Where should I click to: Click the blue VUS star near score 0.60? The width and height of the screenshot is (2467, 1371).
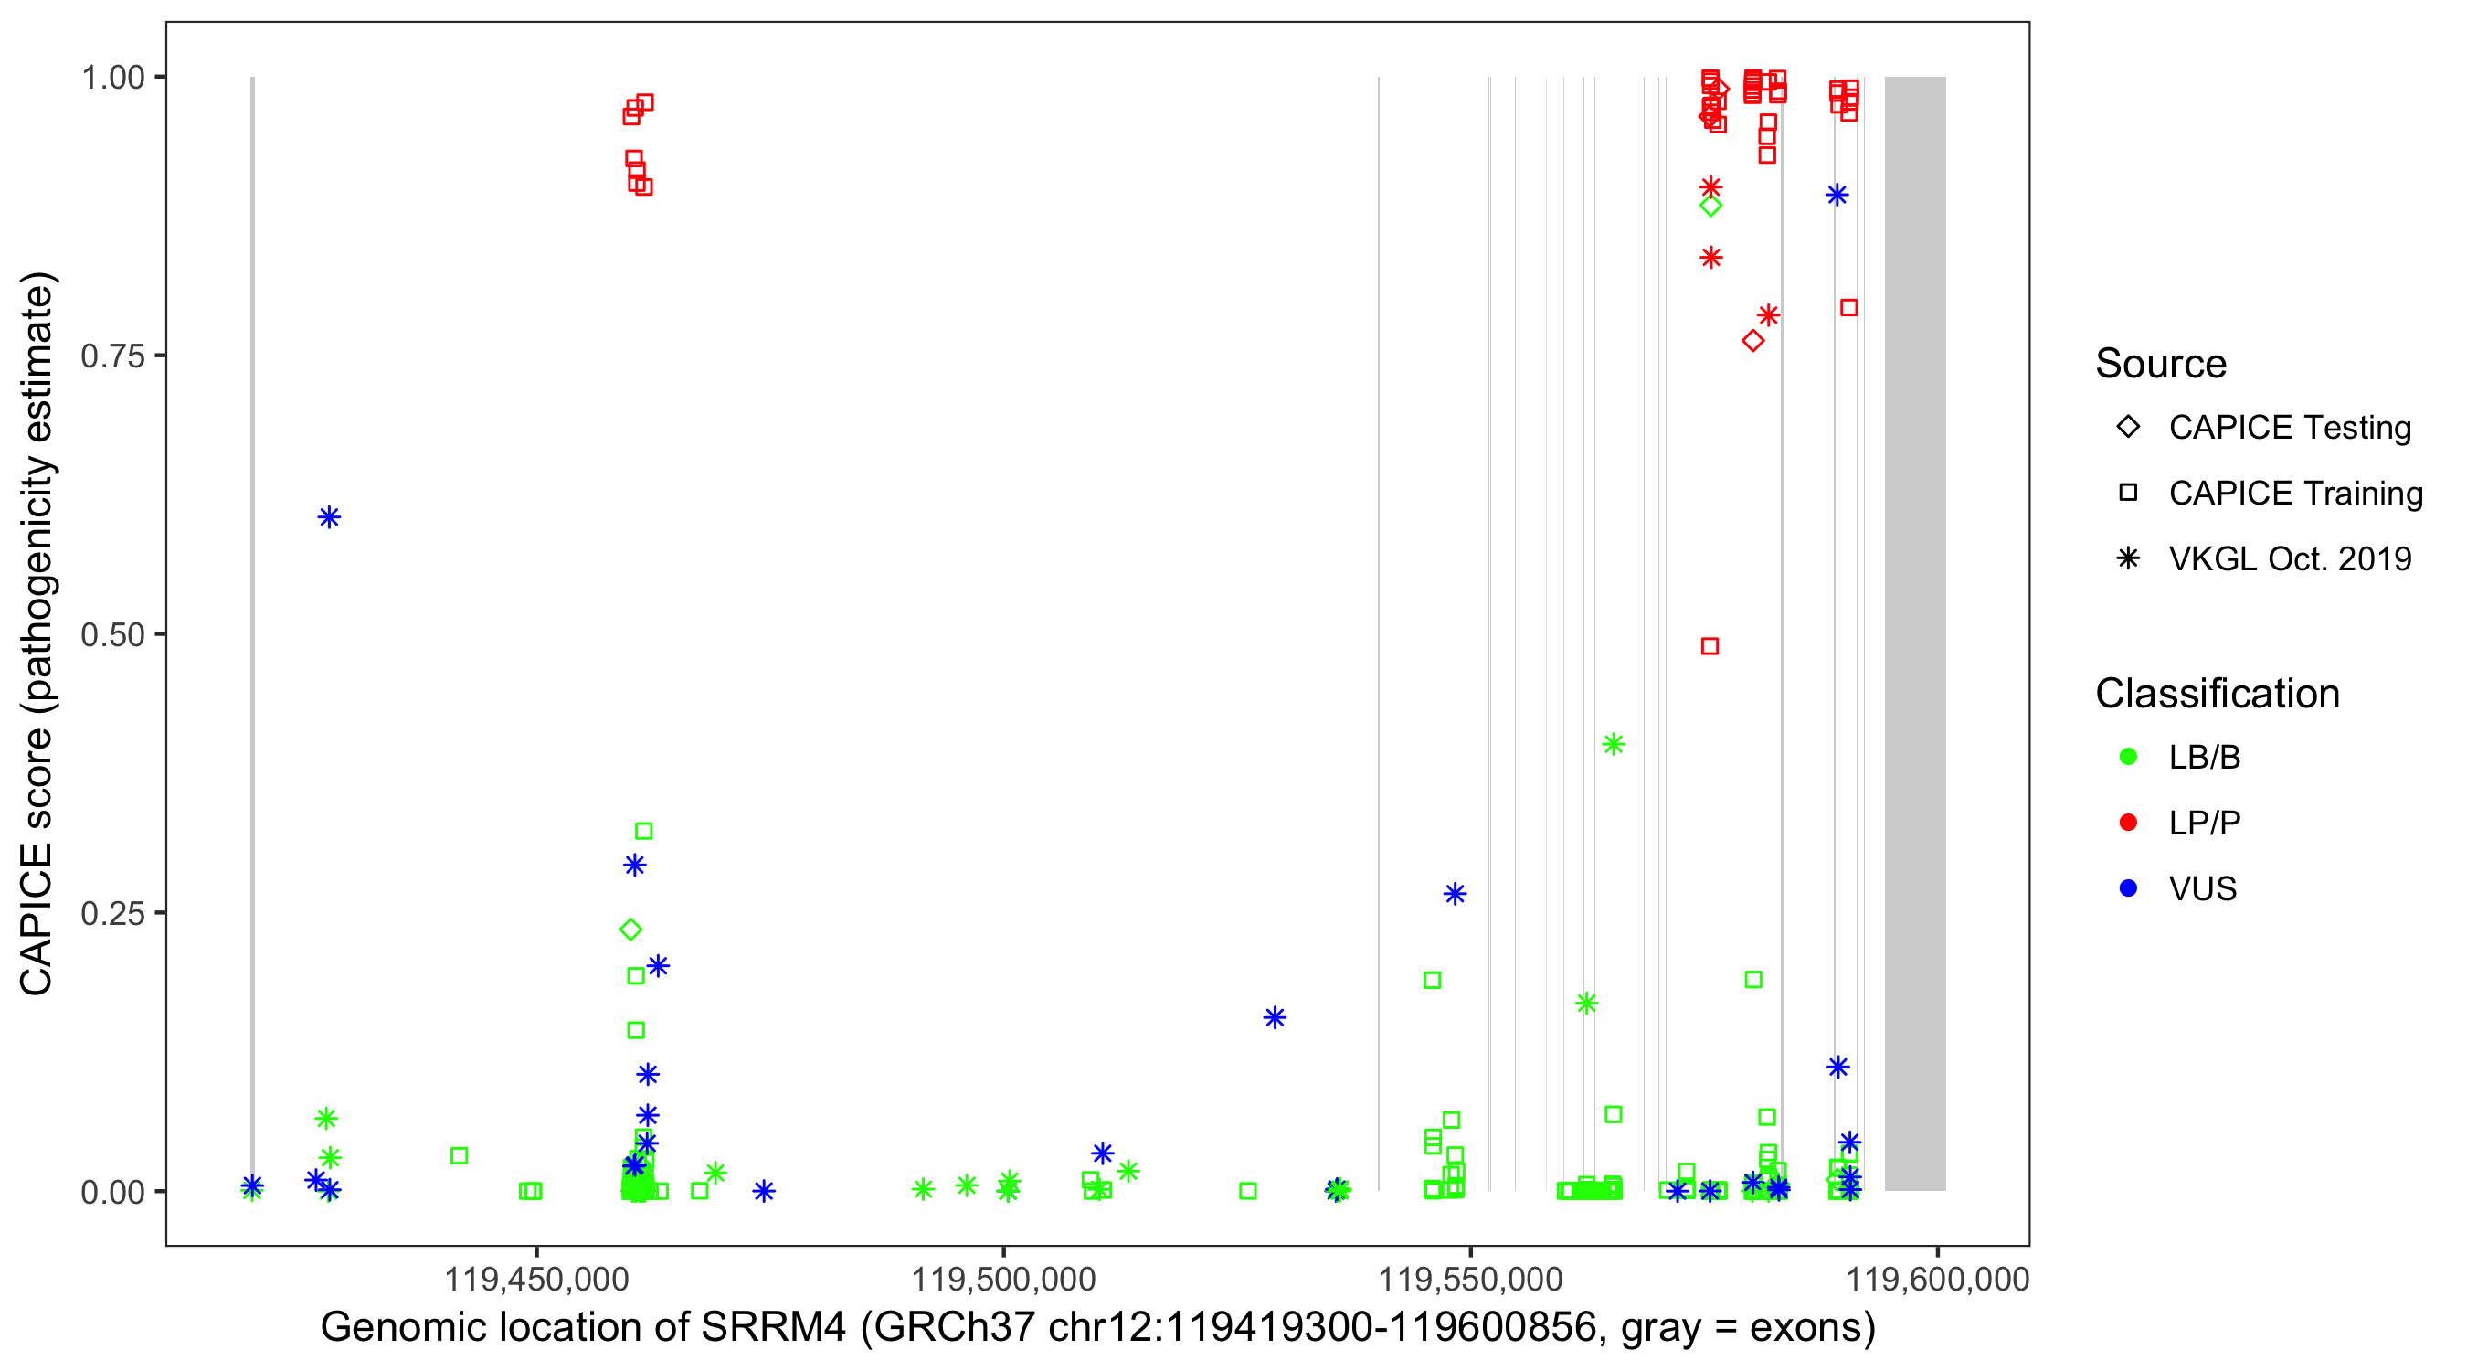click(329, 517)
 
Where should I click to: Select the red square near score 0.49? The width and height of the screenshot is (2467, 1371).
click(1710, 647)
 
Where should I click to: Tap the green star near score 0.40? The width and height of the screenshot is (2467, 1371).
click(1614, 744)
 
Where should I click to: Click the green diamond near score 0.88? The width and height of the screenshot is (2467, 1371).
click(1710, 205)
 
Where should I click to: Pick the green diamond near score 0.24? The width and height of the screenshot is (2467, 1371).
click(630, 930)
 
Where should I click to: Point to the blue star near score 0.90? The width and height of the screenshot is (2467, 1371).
click(1837, 196)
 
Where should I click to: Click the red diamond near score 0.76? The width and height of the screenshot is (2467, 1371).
click(1752, 341)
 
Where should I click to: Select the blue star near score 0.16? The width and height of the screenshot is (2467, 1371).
click(1275, 1017)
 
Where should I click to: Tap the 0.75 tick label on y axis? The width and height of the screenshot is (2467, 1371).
click(112, 356)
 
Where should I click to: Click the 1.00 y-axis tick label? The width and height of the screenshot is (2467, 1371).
click(112, 78)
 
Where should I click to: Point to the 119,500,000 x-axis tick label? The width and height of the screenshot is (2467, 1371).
click(1002, 1279)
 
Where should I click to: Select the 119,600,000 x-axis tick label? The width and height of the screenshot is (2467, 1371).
click(1937, 1279)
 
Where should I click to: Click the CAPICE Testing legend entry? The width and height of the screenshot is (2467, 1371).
click(2289, 428)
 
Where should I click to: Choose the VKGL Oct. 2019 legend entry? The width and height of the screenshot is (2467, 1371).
click(2289, 558)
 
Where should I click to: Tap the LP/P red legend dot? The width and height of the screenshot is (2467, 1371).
click(2128, 823)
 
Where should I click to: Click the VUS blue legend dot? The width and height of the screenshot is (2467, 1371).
click(2128, 889)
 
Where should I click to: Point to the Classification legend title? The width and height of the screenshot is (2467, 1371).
click(2217, 694)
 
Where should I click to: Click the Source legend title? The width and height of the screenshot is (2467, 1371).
click(2161, 364)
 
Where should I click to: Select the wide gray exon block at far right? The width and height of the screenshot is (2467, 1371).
click(1915, 632)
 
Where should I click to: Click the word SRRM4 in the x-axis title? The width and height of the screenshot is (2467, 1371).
click(774, 1328)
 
